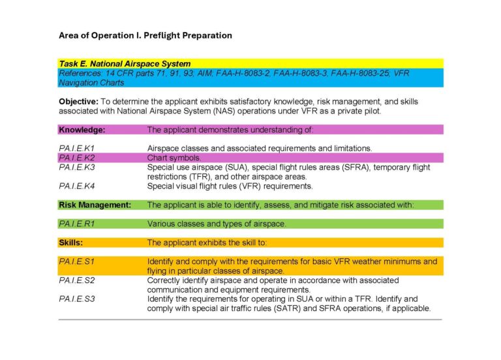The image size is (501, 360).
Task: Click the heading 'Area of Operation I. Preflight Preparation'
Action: pyautogui.click(x=145, y=35)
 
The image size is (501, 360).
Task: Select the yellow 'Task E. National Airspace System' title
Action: pyautogui.click(x=125, y=64)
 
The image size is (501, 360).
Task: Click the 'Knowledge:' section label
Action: pyautogui.click(x=82, y=130)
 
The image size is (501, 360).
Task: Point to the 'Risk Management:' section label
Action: pyautogui.click(x=95, y=205)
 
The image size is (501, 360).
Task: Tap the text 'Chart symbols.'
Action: pyautogui.click(x=174, y=158)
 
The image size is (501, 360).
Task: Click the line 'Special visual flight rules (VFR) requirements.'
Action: pyautogui.click(x=230, y=186)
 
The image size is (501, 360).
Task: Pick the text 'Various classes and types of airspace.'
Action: pyautogui.click(x=216, y=224)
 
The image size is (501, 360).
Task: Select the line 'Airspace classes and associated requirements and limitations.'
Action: pyautogui.click(x=260, y=149)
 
